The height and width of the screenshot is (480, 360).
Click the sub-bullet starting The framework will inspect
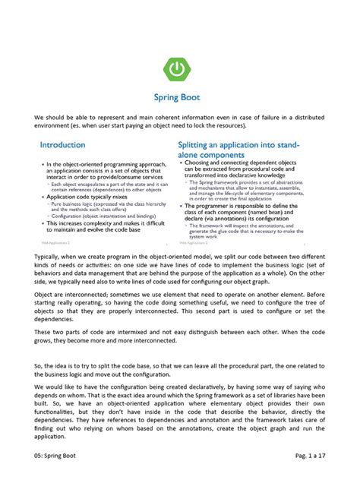point(251,226)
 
